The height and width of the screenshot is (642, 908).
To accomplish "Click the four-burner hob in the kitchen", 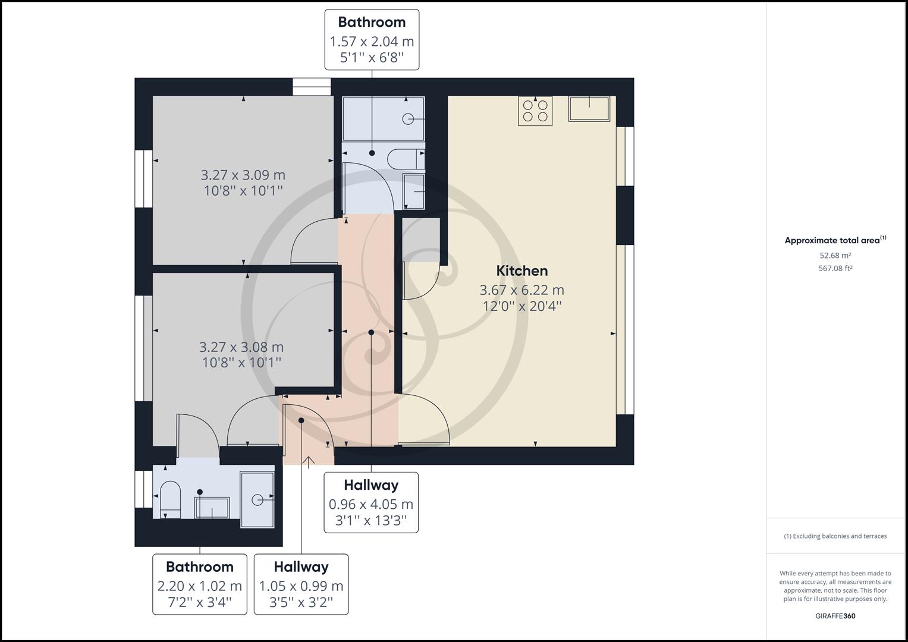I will [x=535, y=111].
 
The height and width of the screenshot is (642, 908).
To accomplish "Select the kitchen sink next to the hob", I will [x=589, y=109].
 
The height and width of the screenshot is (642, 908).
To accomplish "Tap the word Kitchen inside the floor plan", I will [x=521, y=271].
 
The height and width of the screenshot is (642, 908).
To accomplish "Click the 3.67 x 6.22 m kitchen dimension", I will [x=521, y=290].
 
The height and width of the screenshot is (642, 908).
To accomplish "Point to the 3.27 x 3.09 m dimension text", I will [x=243, y=175].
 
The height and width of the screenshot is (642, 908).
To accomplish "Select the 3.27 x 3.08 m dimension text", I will [x=241, y=347].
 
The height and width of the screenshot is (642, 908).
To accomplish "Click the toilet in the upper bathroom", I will [x=404, y=159].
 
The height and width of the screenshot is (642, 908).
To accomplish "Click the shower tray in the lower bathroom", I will [x=257, y=499].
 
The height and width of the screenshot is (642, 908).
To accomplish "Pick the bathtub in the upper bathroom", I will [x=384, y=119].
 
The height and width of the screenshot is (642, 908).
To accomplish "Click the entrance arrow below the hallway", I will [x=309, y=461].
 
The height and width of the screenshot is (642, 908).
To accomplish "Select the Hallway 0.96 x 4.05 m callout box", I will [x=371, y=503].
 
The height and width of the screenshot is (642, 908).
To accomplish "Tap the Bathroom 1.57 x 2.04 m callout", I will [x=372, y=40].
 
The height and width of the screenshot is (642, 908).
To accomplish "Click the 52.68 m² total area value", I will [x=835, y=256].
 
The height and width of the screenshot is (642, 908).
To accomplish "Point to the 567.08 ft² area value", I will [x=835, y=268].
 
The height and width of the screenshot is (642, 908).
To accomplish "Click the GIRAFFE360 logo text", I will [x=835, y=616].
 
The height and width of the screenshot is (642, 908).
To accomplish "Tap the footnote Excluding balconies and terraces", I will [x=835, y=536].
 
